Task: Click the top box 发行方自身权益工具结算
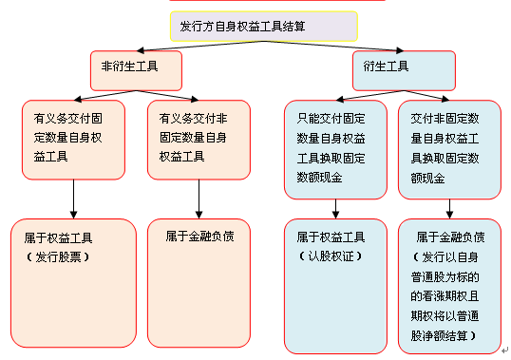point(263,26)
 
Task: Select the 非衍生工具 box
point(130,69)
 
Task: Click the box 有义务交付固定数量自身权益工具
point(73,140)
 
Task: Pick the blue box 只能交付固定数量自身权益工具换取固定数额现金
point(334,149)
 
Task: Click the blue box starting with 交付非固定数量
point(449,149)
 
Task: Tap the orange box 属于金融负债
point(199,282)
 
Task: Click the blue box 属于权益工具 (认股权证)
point(334,282)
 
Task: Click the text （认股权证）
point(328,256)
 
